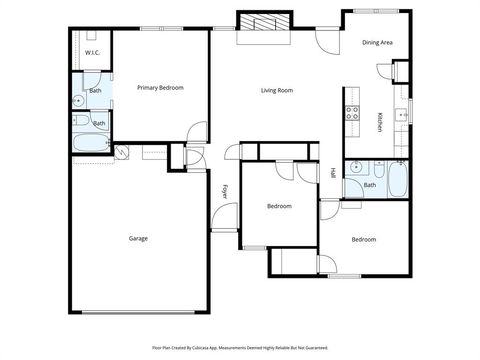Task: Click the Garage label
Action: click(x=139, y=238)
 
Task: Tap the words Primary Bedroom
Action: click(x=160, y=88)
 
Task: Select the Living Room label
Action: click(x=277, y=90)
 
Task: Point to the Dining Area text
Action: click(x=377, y=43)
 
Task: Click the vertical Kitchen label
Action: click(x=380, y=122)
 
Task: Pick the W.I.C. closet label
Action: click(x=92, y=52)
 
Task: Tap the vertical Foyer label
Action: click(x=224, y=192)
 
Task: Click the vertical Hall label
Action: click(x=333, y=173)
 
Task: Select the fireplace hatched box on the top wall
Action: click(x=265, y=24)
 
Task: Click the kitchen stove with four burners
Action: click(x=352, y=113)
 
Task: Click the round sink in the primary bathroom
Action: click(x=79, y=101)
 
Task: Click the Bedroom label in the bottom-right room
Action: click(x=363, y=239)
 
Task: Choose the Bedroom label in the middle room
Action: click(x=279, y=206)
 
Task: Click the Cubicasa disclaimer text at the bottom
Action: click(x=240, y=347)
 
